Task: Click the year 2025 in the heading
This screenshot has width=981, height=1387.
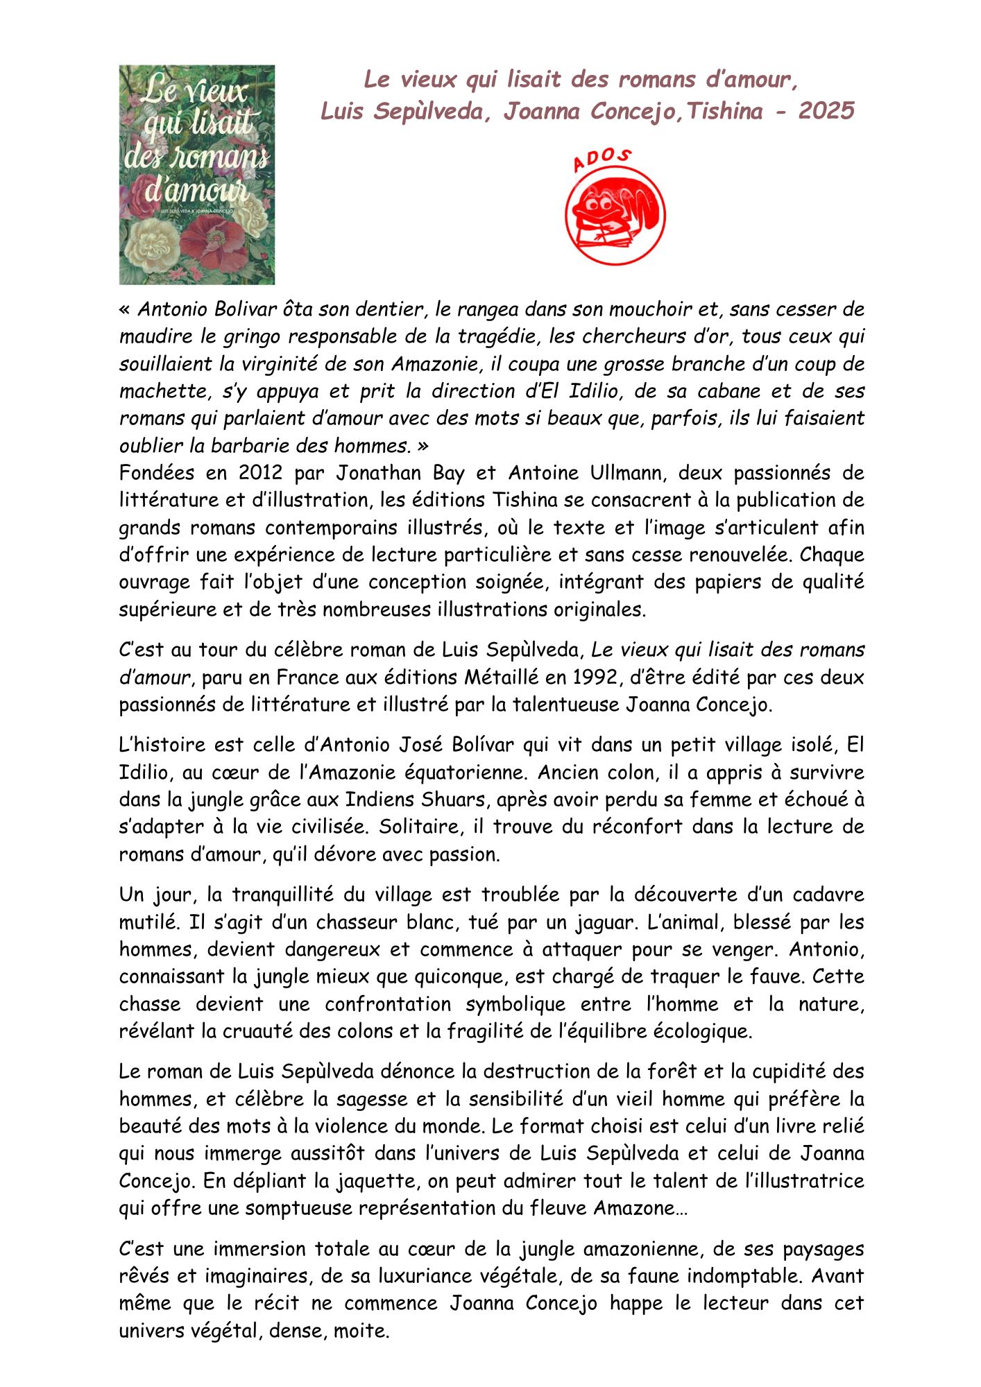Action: [x=826, y=111]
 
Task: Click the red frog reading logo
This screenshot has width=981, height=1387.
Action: [x=615, y=215]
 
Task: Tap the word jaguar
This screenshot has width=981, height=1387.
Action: [x=608, y=922]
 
